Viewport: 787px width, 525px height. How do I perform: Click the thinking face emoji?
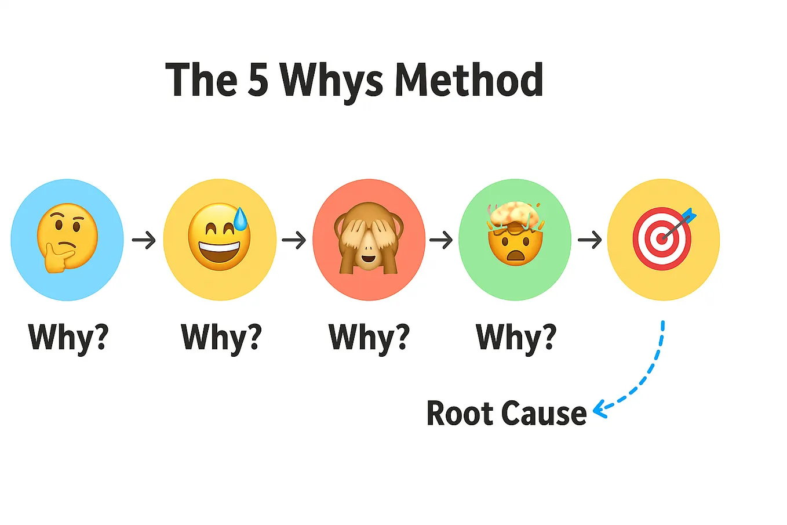pos(66,238)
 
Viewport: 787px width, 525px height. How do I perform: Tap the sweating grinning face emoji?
pos(218,238)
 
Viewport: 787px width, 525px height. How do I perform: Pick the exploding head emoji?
pos(514,235)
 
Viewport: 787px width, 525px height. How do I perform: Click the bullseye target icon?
pos(662,239)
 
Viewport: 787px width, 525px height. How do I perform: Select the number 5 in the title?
pos(258,79)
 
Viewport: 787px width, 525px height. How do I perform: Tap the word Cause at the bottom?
pos(544,413)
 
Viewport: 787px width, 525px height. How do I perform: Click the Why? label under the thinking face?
pos(68,337)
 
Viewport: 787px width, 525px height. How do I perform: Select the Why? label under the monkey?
pos(369,337)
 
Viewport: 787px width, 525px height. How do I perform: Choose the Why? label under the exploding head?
pos(516,337)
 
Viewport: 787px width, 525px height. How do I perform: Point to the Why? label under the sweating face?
pos(221,337)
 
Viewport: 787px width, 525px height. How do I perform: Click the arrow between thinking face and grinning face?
pos(144,240)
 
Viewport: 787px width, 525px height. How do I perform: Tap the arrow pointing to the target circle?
pos(589,240)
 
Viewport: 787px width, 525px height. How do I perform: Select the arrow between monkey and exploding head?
pos(441,240)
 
